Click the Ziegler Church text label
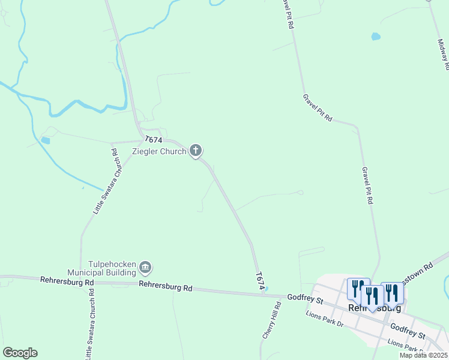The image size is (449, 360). (159, 151)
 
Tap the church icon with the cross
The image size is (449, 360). (196, 151)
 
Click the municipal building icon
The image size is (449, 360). (146, 267)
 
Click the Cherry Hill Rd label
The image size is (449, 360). (271, 321)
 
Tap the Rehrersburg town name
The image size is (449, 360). (375, 308)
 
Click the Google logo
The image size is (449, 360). (20, 353)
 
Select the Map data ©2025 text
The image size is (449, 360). (423, 355)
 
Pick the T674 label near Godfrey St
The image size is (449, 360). (260, 281)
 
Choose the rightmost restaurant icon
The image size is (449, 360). (392, 293)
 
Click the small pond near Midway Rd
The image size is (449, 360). (376, 37)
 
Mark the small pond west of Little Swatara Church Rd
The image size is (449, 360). (46, 140)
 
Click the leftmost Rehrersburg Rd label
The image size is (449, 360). (67, 281)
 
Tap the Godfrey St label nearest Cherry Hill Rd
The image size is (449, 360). (305, 298)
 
